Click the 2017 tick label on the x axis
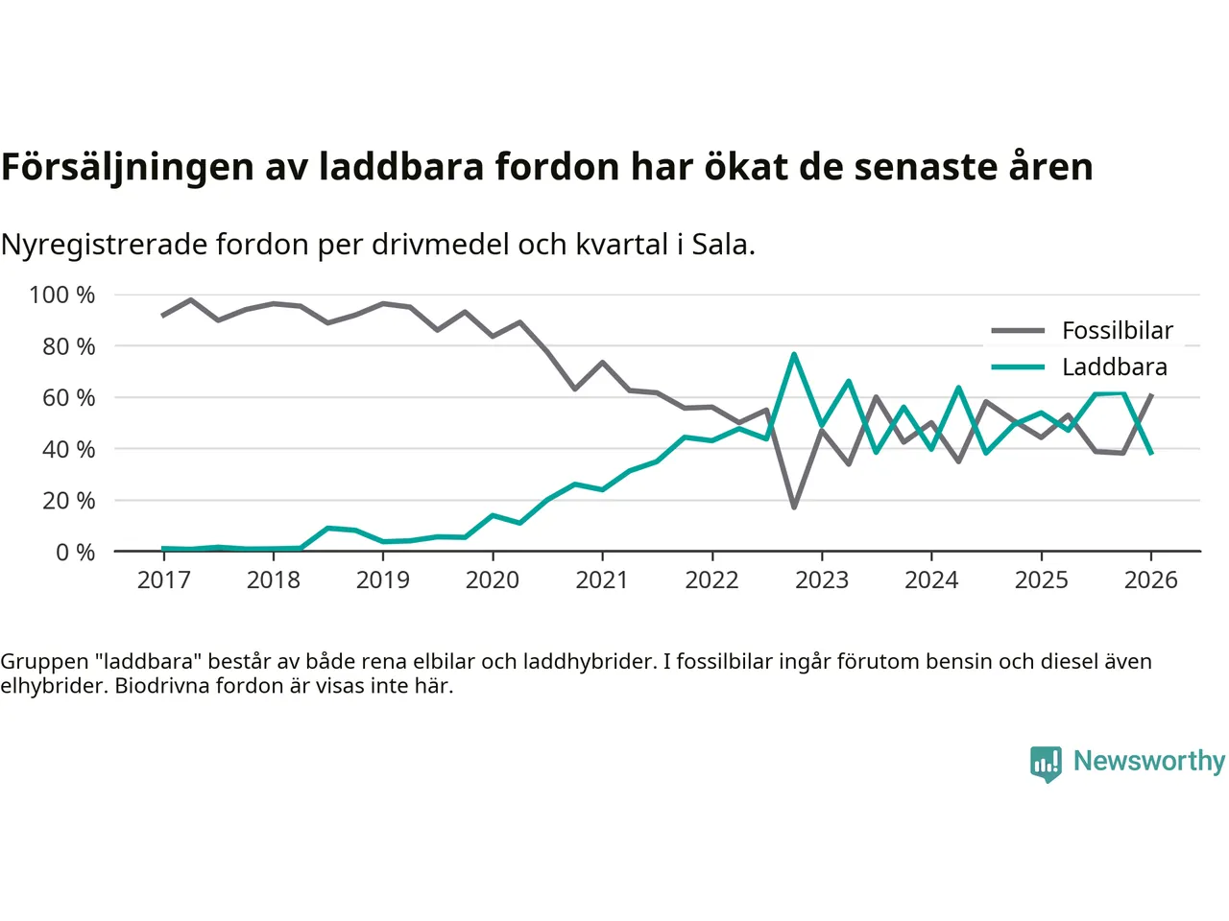[163, 580]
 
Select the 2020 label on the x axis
[493, 580]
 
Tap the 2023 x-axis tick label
[822, 580]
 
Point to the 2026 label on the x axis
[1150, 580]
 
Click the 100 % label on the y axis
[62, 295]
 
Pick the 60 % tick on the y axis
[68, 398]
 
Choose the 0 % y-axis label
[75, 553]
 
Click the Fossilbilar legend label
[1118, 331]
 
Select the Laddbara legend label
[1114, 367]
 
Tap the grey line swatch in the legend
[1018, 331]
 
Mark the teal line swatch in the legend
[1018, 367]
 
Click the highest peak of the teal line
[794, 355]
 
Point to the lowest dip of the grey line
[794, 507]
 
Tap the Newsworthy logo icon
[1046, 764]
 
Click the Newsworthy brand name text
[1148, 761]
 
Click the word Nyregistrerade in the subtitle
[104, 245]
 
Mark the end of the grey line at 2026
[1151, 395]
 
